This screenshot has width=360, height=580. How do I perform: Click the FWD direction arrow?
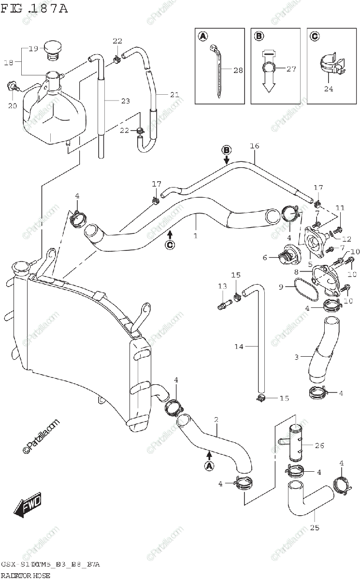[28, 506]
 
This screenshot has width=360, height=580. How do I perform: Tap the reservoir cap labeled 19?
[53, 49]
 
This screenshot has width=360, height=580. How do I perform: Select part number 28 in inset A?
[238, 71]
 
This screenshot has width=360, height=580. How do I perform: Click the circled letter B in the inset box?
[259, 36]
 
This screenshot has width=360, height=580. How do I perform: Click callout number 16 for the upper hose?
[255, 146]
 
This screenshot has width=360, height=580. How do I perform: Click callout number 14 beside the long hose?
[239, 346]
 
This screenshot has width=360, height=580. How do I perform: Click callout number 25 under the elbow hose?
[315, 527]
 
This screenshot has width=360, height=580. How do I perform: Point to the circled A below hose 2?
[209, 466]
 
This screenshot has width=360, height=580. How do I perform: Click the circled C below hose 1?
[170, 245]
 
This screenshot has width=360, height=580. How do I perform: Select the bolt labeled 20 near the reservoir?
[13, 87]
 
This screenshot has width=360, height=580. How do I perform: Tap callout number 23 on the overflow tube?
[125, 101]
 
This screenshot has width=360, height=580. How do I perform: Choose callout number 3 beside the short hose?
[297, 357]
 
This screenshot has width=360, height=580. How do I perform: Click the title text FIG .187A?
[34, 8]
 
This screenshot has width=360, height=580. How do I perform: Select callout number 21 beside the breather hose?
[174, 95]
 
